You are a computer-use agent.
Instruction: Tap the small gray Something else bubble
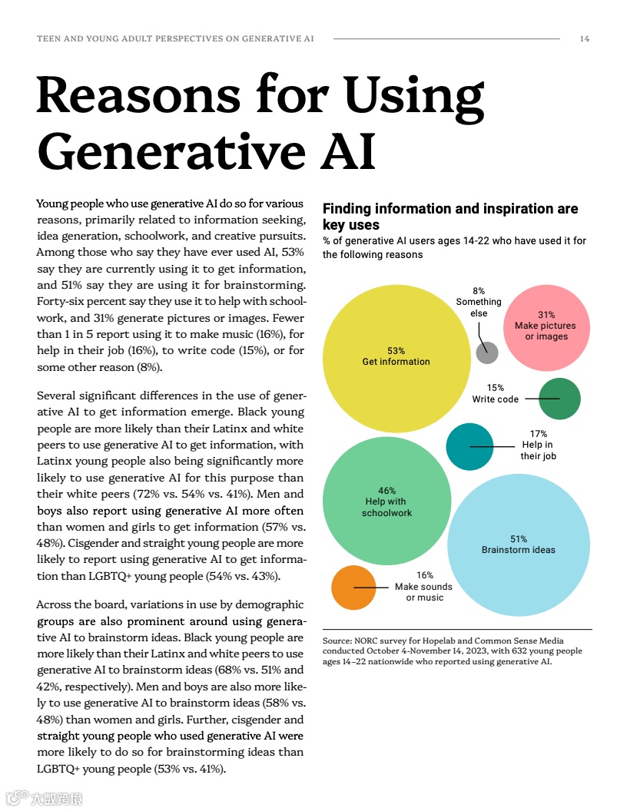pos(487,353)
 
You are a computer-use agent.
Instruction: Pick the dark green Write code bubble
pos(559,399)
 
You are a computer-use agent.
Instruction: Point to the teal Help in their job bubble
pos(469,446)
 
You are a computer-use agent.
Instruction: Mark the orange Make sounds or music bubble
pos(353,588)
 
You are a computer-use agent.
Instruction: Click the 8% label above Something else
pos(479,291)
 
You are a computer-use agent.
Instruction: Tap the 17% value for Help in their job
pos(538,434)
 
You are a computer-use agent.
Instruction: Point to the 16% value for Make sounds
pos(425,575)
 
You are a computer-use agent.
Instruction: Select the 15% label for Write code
pos(496,388)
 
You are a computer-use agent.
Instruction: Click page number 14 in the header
pos(585,38)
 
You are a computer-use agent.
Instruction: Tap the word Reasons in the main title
pos(138,96)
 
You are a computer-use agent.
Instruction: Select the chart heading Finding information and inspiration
pos(450,209)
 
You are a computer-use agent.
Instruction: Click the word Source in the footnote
pos(337,641)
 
